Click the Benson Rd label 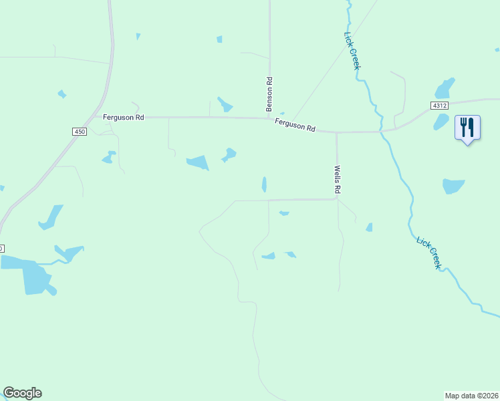coord(269,94)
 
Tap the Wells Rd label coord(338,180)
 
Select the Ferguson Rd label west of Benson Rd coord(124,117)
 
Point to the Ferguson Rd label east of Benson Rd coord(295,125)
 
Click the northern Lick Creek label coord(352,51)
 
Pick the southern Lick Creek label coord(428,253)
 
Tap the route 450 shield coord(80,132)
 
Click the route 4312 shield coord(439,106)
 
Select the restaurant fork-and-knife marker coord(467,127)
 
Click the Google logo coord(22,393)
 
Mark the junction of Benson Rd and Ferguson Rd coord(269,118)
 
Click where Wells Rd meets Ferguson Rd coord(336,132)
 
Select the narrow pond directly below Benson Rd coord(264,184)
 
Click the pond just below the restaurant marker coord(453,186)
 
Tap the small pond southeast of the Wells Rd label coord(369,227)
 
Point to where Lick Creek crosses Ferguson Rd coord(382,131)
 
